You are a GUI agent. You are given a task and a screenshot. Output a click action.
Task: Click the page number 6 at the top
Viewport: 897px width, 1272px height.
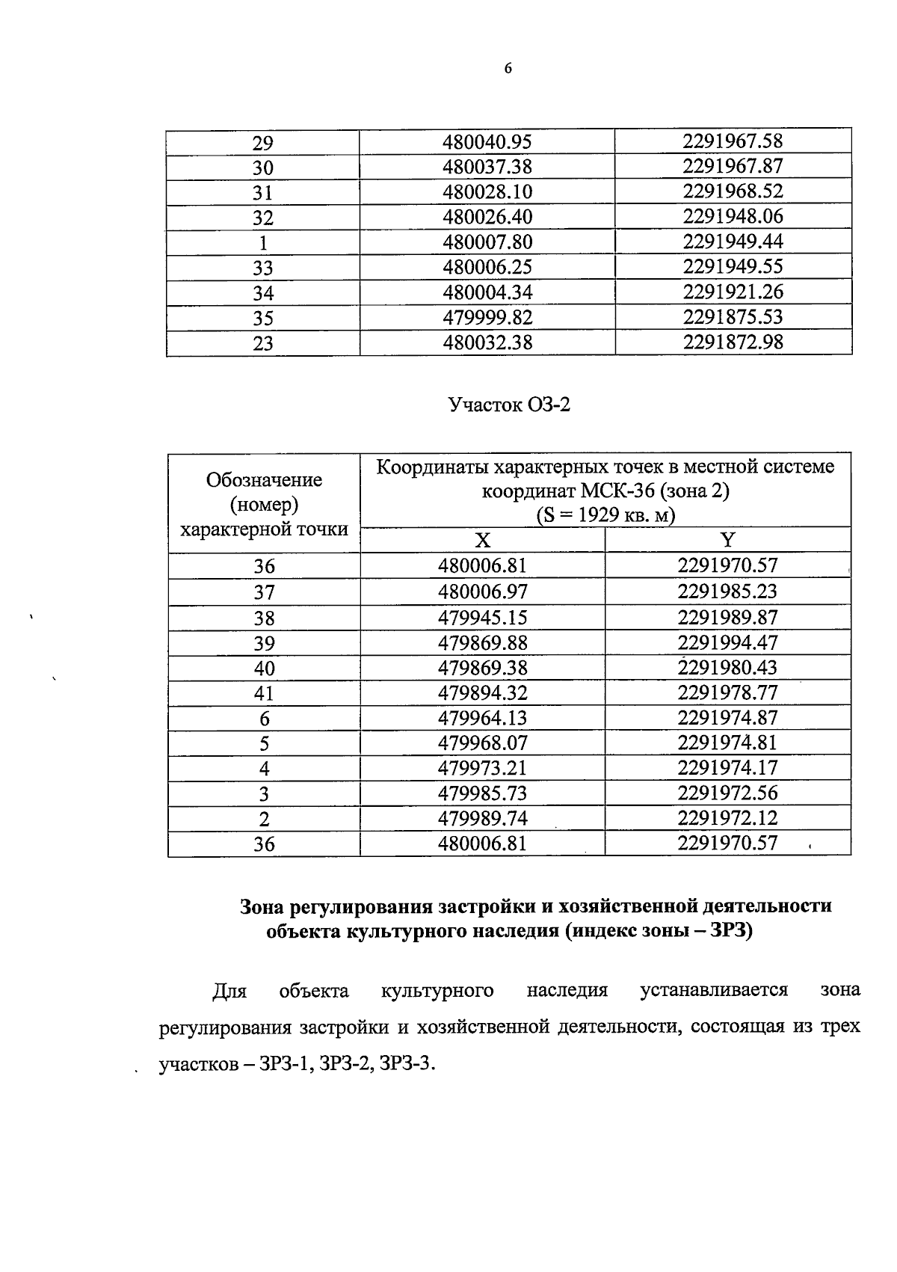508,68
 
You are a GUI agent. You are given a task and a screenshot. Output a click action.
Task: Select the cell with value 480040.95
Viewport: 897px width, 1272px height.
487,141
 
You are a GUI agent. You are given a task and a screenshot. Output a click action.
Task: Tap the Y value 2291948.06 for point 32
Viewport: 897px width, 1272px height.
732,216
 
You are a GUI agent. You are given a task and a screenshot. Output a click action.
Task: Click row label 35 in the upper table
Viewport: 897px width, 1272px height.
263,319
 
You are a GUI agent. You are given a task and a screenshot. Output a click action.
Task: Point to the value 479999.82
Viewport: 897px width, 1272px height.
487,317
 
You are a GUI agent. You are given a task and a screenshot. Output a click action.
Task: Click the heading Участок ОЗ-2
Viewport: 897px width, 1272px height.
509,405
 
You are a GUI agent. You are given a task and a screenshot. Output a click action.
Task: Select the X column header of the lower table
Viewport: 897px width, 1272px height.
483,540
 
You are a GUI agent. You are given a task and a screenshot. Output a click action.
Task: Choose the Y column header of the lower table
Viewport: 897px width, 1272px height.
727,540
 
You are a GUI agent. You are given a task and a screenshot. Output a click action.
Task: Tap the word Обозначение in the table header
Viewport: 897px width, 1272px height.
264,479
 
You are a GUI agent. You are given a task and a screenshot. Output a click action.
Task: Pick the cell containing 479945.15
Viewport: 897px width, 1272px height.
482,618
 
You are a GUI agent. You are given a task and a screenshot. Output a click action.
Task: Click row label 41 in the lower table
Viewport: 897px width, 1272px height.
264,693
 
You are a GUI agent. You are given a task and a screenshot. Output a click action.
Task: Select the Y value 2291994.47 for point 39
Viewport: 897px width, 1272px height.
727,642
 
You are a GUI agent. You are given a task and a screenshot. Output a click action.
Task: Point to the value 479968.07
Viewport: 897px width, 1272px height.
482,743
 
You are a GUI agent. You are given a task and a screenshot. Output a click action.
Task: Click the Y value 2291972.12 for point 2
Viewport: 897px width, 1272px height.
727,817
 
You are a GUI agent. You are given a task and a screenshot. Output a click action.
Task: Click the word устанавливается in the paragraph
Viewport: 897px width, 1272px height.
714,990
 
